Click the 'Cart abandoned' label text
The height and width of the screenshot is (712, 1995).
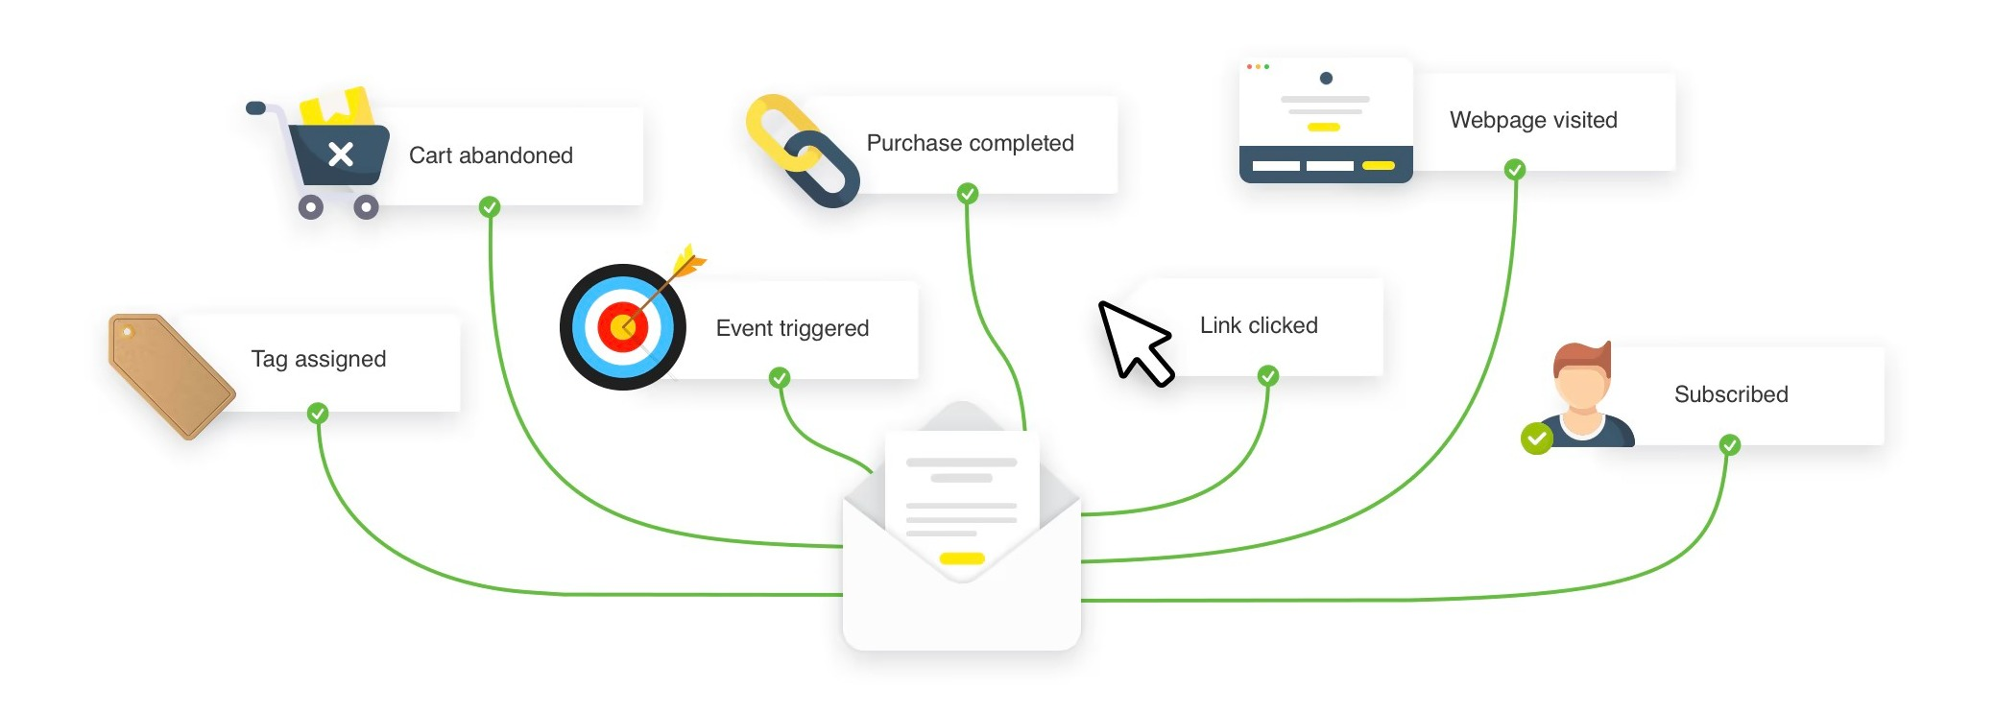pos(491,155)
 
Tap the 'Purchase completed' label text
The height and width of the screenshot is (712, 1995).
pos(970,144)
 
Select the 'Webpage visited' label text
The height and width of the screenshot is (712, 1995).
pos(1533,120)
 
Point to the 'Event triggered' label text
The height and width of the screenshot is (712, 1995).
pos(792,328)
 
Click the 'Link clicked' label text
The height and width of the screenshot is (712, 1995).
pos(1259,325)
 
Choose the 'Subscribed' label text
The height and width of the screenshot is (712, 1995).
pos(1731,394)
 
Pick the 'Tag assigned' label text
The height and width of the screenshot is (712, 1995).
pos(319,359)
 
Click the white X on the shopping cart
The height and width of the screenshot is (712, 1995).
pos(341,154)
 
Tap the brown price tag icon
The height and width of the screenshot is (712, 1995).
pos(171,375)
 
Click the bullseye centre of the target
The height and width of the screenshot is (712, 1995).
pos(623,327)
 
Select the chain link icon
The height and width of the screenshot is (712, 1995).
pos(803,151)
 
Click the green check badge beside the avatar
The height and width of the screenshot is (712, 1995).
pos(1537,439)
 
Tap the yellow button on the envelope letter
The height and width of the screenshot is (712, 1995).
pos(962,558)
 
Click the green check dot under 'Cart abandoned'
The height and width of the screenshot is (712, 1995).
pos(490,206)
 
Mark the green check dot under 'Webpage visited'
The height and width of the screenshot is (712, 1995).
pos(1515,170)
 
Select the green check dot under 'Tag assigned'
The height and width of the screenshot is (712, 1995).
pos(318,414)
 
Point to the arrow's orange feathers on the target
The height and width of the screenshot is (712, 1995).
pos(689,260)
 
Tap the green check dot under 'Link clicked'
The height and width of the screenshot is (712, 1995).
pos(1268,375)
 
